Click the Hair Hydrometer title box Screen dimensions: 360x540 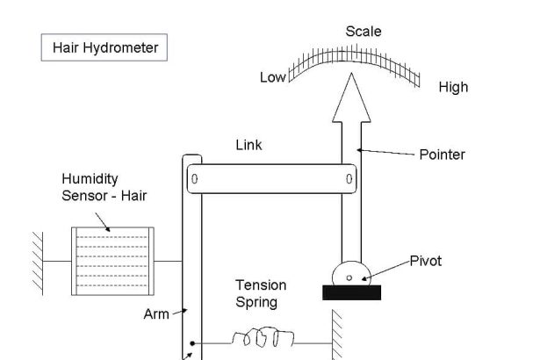tap(104, 47)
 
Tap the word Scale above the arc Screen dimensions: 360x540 tap(363, 32)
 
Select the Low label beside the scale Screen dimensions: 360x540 tap(272, 77)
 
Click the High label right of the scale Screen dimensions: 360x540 tap(453, 87)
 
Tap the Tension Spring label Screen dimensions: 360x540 tap(260, 293)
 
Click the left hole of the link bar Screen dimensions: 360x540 tap(195, 180)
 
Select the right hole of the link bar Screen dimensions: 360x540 tap(349, 180)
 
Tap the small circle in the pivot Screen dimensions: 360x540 tap(350, 278)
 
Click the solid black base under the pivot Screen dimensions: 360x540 tap(351, 293)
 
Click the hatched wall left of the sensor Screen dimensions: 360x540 tap(37, 261)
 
